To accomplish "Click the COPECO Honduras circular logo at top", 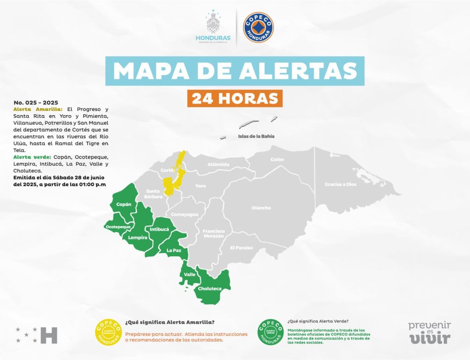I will [258, 28].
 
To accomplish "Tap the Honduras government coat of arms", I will [213, 23].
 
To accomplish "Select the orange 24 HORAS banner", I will [235, 99].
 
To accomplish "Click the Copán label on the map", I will [123, 204].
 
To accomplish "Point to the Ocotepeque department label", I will [118, 227].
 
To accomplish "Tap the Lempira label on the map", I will [138, 238].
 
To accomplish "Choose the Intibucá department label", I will [159, 228].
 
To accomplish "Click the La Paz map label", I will [173, 250].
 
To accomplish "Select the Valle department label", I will [190, 274].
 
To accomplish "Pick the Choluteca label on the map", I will [210, 289].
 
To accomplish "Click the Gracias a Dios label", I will [340, 184].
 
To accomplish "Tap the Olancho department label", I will [261, 208].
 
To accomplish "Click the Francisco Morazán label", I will [214, 233].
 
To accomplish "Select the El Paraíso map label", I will [241, 248].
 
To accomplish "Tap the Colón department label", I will [277, 160].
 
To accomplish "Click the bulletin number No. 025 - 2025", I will [36, 102].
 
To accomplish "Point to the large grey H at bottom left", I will [49, 335].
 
